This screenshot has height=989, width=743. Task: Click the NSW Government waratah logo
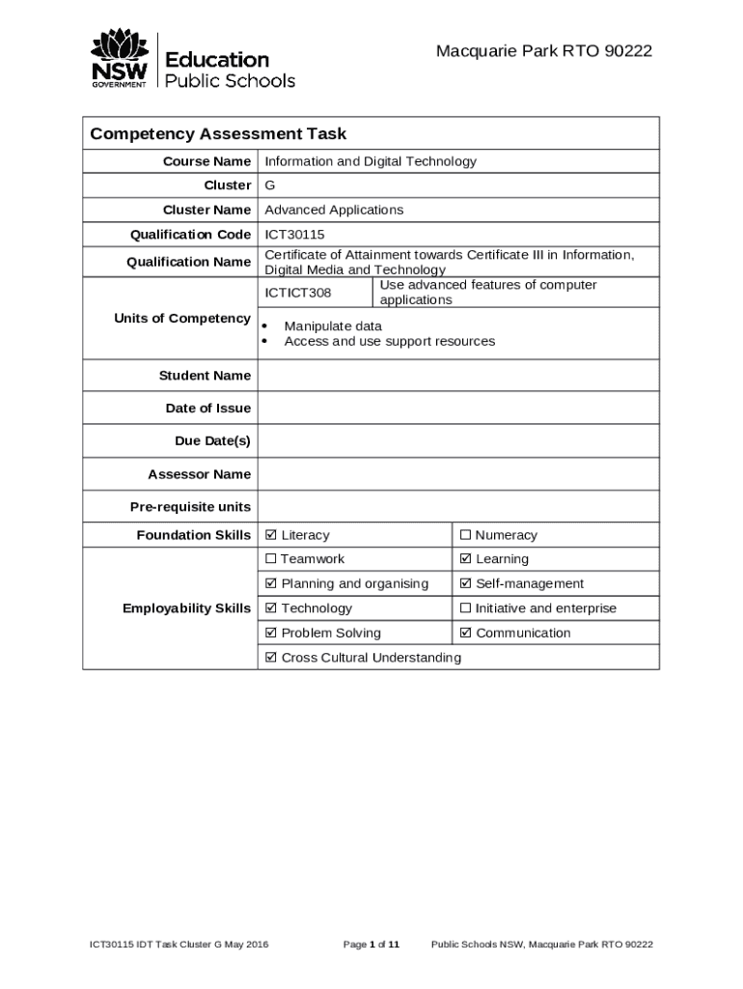click(120, 58)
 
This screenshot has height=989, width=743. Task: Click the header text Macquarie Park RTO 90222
click(543, 51)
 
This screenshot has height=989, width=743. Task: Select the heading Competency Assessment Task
click(218, 134)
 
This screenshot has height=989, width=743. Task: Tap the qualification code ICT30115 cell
click(294, 235)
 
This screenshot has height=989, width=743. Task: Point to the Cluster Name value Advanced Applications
click(334, 210)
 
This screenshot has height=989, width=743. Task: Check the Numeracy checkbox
click(466, 535)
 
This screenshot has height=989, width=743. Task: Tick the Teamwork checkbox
click(271, 559)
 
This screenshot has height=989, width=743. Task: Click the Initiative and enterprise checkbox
click(466, 608)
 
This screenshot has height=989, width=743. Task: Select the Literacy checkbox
click(271, 535)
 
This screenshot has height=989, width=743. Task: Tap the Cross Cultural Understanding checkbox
click(271, 658)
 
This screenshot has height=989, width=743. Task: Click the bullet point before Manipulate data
click(264, 326)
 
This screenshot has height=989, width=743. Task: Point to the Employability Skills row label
click(186, 608)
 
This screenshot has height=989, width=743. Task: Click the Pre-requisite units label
click(190, 507)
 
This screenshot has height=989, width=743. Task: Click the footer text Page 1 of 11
click(371, 945)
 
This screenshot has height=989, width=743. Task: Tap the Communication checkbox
click(466, 634)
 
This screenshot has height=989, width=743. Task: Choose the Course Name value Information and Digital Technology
click(371, 161)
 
